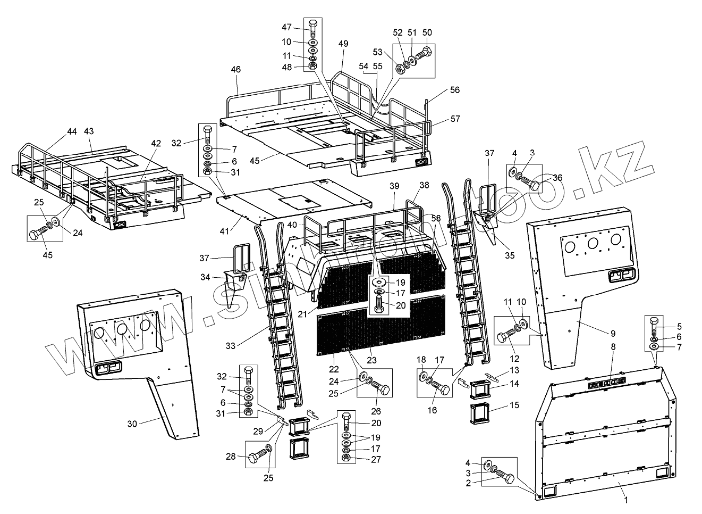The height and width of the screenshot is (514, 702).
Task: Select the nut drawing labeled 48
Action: point(313,67)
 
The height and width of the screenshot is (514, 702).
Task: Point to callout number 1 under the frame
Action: point(626,500)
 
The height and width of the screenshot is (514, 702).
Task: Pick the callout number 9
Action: point(613,333)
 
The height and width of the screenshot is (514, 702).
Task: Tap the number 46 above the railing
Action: point(236,70)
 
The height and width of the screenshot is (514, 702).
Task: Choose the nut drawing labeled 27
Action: point(346,458)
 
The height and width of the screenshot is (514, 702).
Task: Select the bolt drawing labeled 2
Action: point(505,478)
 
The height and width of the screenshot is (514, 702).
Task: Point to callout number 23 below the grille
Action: point(371,360)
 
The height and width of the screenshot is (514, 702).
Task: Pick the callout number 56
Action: point(454,90)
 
